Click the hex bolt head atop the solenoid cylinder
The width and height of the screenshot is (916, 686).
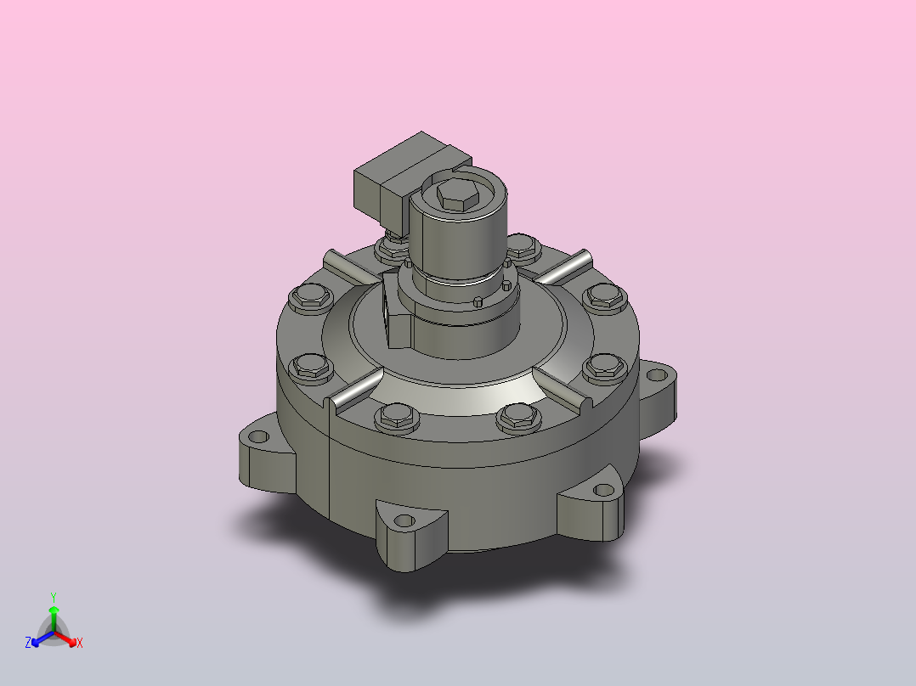[x=459, y=195]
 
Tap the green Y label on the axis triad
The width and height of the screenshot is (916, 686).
[x=54, y=597]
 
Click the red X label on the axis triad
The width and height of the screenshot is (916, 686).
[x=80, y=643]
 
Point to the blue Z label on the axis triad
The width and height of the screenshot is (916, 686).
[x=28, y=643]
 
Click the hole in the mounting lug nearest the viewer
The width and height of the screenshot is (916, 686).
[x=404, y=520]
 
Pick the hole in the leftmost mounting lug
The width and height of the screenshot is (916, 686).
[x=257, y=436]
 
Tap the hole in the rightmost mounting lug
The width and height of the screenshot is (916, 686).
[x=657, y=374]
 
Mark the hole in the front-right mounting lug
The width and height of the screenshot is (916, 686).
[x=603, y=489]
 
